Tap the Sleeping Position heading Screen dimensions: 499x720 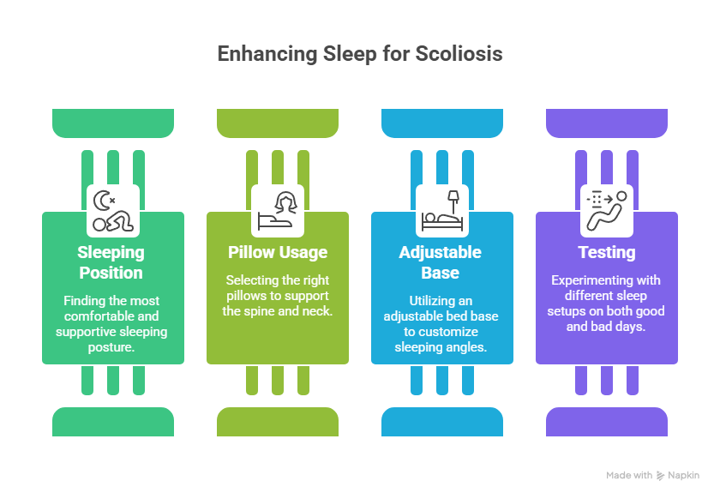point(111,262)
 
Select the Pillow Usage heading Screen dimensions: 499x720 point(278,253)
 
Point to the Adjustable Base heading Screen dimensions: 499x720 point(441,262)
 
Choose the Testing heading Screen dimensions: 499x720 point(607,253)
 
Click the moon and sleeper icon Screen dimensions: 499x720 point(113,211)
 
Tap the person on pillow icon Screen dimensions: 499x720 point(278,211)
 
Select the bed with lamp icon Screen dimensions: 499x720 point(442,211)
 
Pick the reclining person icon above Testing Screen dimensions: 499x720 point(607,211)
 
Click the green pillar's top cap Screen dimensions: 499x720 point(113,123)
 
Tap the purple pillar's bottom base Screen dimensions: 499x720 point(607,421)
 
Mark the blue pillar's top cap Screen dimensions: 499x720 point(442,123)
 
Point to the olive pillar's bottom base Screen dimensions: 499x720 point(278,421)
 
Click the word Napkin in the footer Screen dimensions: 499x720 point(684,475)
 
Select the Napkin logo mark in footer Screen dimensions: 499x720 point(661,475)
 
